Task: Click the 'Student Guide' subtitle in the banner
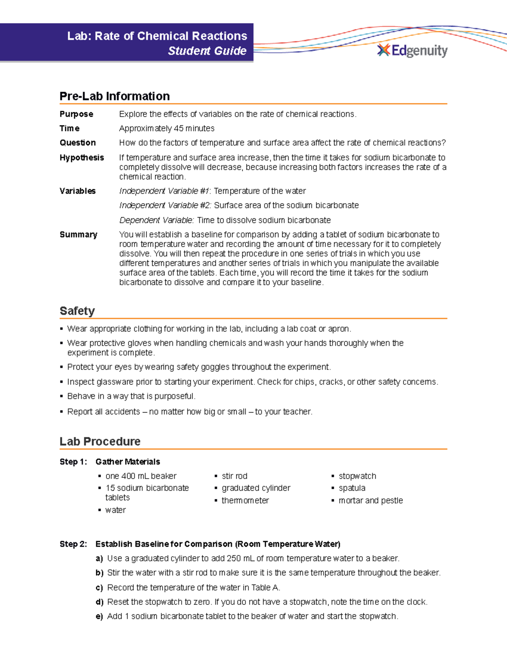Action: (207, 51)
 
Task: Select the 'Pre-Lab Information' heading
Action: (114, 96)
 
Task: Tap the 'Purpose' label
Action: (76, 114)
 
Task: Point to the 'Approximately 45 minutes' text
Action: (166, 128)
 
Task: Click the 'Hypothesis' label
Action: (82, 158)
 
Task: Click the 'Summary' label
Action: (78, 234)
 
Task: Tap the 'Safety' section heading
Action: (77, 311)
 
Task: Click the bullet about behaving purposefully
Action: (131, 396)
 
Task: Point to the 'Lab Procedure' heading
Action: (100, 441)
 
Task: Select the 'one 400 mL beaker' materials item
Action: (141, 476)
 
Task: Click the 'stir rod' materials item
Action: (234, 476)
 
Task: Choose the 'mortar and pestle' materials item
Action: (371, 501)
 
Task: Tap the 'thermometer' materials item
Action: (245, 501)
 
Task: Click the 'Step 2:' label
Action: (73, 544)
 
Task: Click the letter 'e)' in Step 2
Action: (99, 616)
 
